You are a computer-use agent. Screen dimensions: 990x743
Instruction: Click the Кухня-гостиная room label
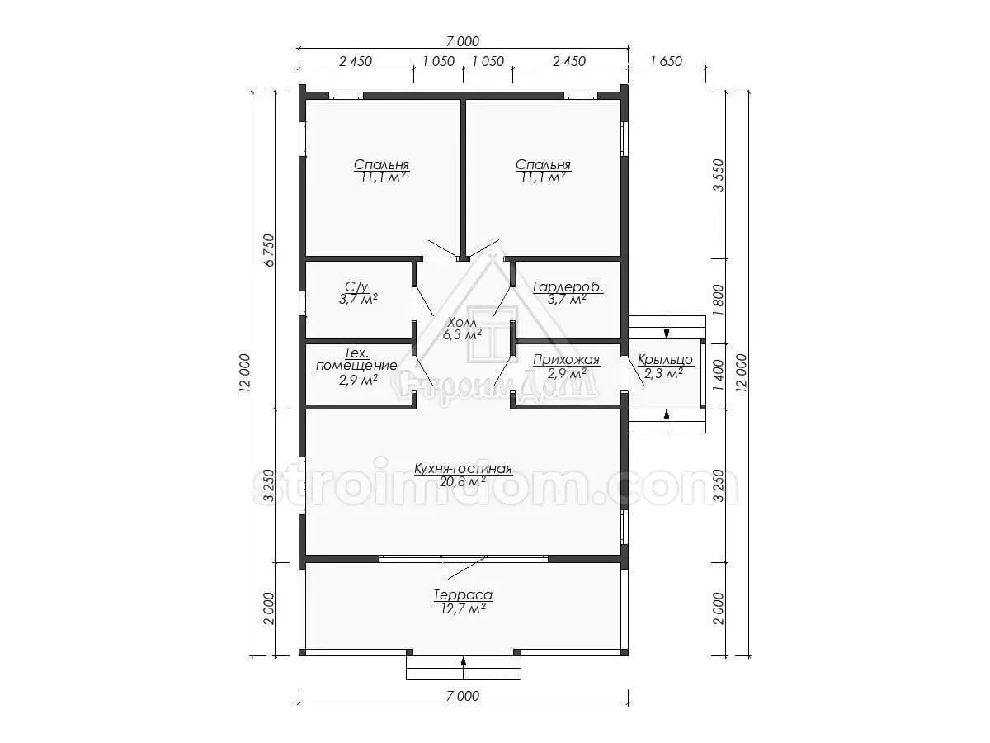tap(463, 469)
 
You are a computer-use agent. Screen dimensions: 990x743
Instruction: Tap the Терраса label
tap(463, 595)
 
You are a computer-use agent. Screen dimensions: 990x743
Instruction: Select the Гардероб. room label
tap(568, 287)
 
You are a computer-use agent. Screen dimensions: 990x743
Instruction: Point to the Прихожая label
tap(566, 360)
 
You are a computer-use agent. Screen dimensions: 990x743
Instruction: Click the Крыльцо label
tap(665, 360)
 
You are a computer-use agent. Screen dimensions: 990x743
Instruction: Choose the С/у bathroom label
tap(356, 286)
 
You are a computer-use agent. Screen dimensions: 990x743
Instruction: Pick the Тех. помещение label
tap(356, 359)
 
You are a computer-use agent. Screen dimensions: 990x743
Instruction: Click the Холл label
tap(462, 322)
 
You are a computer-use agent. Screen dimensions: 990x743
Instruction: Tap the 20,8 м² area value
tap(463, 482)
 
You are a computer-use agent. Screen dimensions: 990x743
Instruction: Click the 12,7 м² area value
tap(463, 608)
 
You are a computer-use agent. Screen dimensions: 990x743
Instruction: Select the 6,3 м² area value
tap(462, 334)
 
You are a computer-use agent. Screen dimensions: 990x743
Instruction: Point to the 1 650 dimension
tap(666, 61)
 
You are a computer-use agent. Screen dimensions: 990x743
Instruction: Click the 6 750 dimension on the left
tap(269, 250)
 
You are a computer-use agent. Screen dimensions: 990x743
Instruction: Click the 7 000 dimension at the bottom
tap(463, 696)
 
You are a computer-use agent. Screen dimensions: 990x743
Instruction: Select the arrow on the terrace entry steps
tap(463, 667)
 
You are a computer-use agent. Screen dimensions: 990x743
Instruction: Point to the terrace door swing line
tap(467, 569)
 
